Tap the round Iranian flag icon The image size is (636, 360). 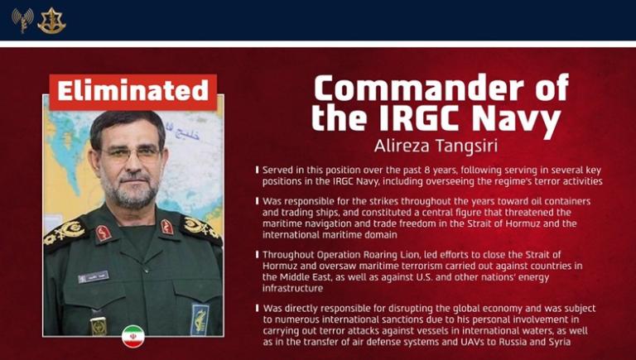coord(132,335)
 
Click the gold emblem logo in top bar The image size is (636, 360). coord(51,20)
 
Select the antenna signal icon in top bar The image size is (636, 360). coord(22,20)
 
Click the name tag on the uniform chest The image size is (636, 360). coord(93,276)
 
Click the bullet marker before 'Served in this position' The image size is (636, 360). coord(257,170)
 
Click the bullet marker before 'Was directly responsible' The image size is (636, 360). coord(257,308)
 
